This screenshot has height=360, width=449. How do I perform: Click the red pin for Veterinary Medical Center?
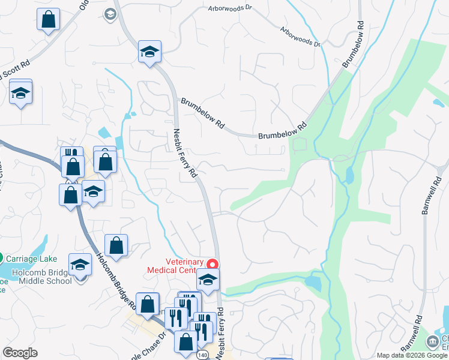pos(212,264)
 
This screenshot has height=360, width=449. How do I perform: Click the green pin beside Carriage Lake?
pos(2,259)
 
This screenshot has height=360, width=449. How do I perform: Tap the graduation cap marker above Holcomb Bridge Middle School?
pos(80,265)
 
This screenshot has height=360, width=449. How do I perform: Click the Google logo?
pos(20,353)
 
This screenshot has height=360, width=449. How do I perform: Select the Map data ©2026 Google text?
pos(411,355)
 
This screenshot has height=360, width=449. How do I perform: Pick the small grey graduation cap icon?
pos(109,14)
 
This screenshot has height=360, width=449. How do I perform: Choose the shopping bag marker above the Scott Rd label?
pos(48,20)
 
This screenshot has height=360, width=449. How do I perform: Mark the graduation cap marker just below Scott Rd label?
pos(20,94)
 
